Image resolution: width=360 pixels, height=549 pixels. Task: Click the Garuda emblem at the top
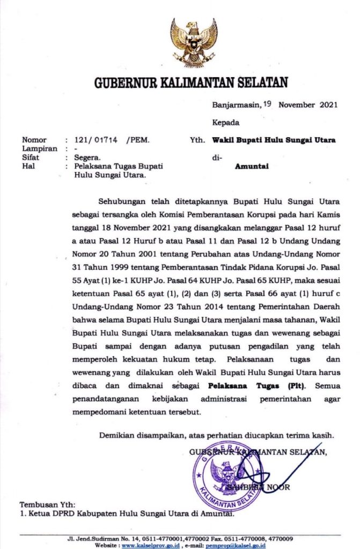point(194,42)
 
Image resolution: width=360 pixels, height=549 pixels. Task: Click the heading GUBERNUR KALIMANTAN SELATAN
point(191,83)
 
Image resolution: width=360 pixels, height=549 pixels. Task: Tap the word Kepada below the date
point(225,122)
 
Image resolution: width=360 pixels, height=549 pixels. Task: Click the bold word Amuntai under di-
point(252,166)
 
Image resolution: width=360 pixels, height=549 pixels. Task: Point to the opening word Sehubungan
point(125,202)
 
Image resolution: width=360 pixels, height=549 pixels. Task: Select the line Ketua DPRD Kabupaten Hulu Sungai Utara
point(127,515)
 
